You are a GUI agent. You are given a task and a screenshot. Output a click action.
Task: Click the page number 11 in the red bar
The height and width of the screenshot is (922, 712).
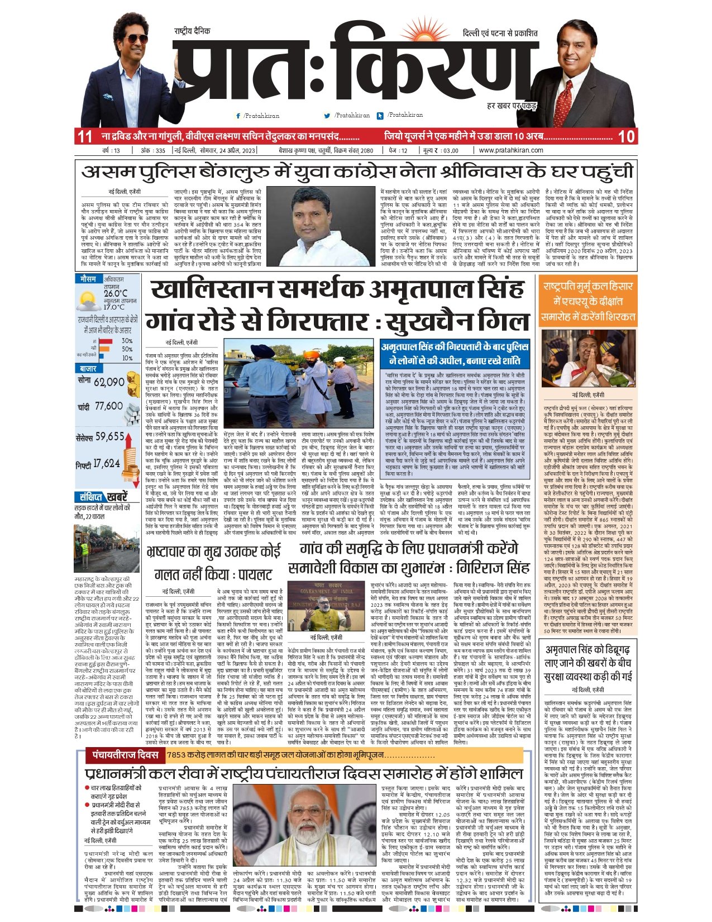click(85, 136)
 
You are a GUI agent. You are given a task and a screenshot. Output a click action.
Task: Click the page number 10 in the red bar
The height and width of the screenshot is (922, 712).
click(626, 136)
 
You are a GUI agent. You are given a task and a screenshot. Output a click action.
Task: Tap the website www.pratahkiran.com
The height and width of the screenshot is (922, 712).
click(511, 150)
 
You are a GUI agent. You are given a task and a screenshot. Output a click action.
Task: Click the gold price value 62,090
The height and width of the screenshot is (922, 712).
click(109, 383)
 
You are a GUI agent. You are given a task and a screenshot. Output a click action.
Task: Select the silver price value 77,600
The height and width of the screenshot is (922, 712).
click(108, 406)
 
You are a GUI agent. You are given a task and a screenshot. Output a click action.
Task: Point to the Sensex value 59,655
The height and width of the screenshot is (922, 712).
click(109, 436)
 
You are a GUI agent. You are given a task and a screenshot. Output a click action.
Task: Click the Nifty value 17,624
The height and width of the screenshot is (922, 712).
click(106, 463)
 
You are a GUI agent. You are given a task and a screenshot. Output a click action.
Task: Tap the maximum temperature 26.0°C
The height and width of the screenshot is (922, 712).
click(115, 293)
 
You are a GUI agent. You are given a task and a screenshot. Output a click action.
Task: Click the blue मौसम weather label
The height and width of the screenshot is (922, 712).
click(88, 278)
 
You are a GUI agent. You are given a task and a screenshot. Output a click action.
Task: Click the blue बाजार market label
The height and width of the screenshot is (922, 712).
click(88, 369)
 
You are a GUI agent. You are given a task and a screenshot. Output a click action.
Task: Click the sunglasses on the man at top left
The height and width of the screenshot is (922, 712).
click(135, 39)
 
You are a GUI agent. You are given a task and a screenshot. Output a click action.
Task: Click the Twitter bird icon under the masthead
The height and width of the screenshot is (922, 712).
click(327, 116)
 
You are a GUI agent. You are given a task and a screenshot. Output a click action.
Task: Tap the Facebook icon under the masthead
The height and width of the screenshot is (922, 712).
click(238, 116)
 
